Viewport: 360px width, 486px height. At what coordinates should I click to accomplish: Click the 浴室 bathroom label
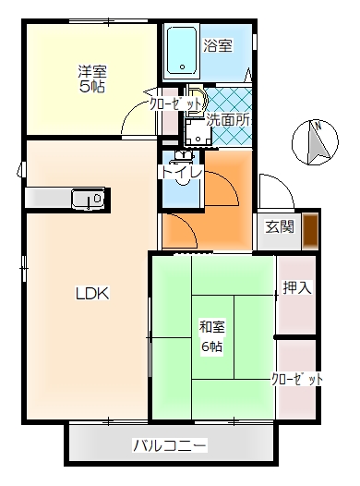(x=218, y=44)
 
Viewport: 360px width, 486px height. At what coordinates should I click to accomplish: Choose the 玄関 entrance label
(x=280, y=226)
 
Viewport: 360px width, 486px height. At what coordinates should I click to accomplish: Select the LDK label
(x=92, y=294)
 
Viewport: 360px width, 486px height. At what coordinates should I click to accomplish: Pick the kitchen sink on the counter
(x=90, y=197)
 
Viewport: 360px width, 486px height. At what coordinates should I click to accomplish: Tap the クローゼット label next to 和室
(x=297, y=380)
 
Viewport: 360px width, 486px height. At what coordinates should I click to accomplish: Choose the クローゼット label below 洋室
(x=175, y=104)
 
